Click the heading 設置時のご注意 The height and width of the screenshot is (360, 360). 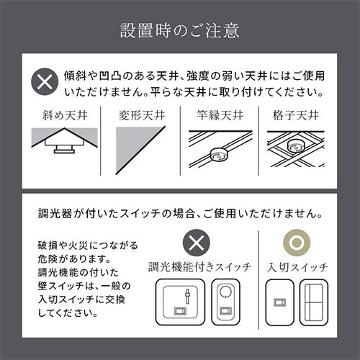point(180,31)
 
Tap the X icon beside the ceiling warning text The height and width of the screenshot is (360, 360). point(45,82)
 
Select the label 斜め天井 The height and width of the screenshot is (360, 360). point(65,115)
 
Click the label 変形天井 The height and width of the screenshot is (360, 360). point(142,115)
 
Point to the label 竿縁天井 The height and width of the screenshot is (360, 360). point(220,115)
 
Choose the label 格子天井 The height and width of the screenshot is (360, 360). point(296,115)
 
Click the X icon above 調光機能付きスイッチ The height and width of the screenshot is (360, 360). point(197,243)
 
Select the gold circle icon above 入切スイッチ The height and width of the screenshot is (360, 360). point(297,243)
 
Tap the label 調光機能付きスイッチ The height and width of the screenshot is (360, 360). point(199,267)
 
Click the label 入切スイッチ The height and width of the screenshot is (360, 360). point(297,267)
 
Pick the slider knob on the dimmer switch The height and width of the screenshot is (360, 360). point(188,294)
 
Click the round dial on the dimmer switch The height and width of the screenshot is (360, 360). point(226,292)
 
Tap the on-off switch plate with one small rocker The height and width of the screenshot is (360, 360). point(279,302)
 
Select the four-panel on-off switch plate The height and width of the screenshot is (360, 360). point(314,302)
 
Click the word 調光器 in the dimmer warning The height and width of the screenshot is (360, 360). point(55,213)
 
